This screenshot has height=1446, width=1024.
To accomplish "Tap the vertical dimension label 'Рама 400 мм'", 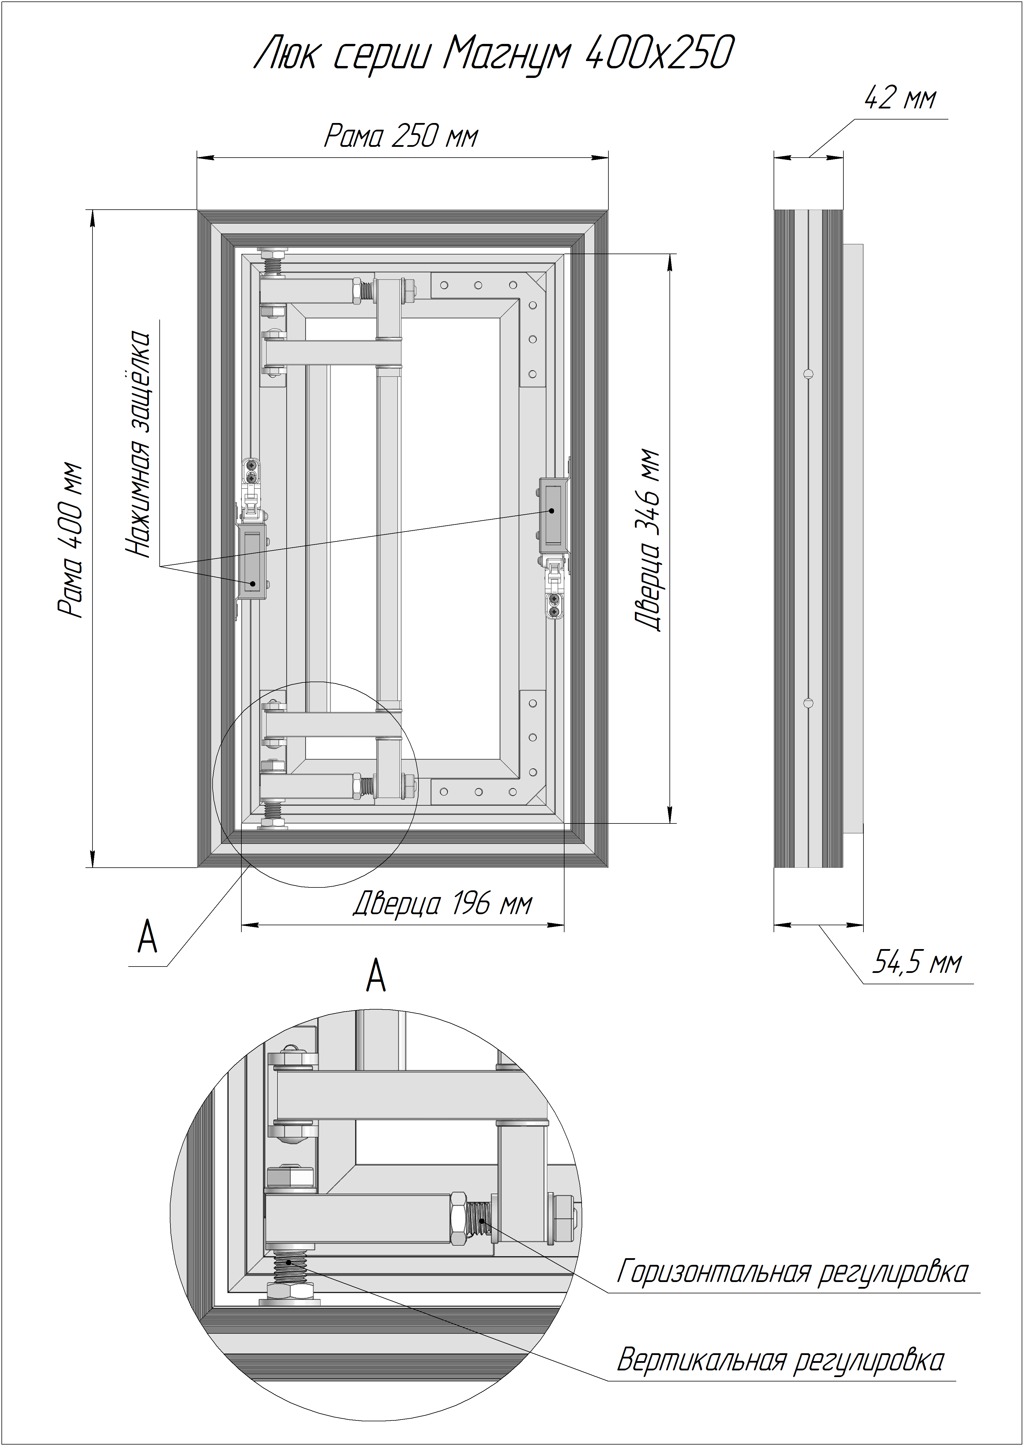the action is (x=70, y=540).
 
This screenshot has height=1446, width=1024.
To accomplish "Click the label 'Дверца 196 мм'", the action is (x=443, y=904).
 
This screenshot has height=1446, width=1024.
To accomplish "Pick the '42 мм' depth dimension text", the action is (x=900, y=98).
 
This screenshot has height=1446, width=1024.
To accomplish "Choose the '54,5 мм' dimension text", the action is (x=917, y=963).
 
